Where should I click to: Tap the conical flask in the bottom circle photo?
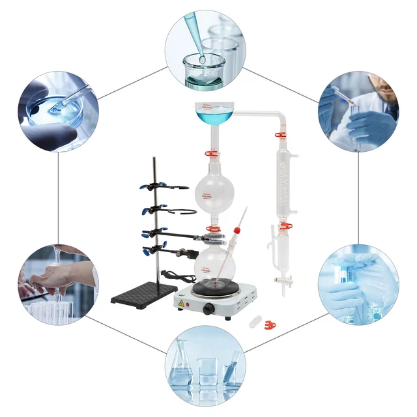pyautogui.click(x=180, y=374)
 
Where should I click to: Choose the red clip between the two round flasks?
pyautogui.click(x=212, y=229)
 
